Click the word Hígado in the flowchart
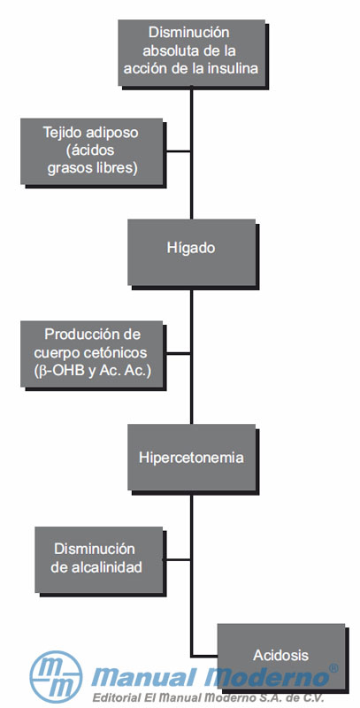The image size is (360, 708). (191, 249)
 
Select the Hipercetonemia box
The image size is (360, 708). (192, 457)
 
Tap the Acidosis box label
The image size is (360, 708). (280, 655)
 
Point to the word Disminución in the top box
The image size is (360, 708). (189, 33)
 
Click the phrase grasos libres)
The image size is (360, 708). (93, 168)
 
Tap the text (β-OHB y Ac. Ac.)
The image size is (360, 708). (92, 370)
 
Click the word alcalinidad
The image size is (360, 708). (107, 567)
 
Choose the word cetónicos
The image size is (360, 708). (118, 352)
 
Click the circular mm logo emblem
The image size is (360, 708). (56, 676)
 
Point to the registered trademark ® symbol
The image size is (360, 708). (333, 668)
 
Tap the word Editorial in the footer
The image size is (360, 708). (115, 698)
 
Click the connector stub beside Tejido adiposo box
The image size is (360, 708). (176, 151)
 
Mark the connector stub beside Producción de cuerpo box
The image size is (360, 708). (176, 353)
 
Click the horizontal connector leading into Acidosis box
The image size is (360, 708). (204, 655)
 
